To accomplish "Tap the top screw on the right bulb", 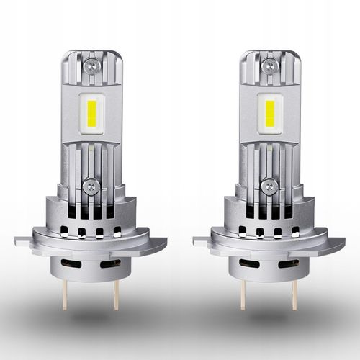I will pyautogui.click(x=269, y=64).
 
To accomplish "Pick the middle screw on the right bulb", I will pyautogui.click(x=269, y=186).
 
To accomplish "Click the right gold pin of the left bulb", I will pyautogui.click(x=114, y=292).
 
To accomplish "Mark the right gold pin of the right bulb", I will pyautogui.click(x=294, y=292).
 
